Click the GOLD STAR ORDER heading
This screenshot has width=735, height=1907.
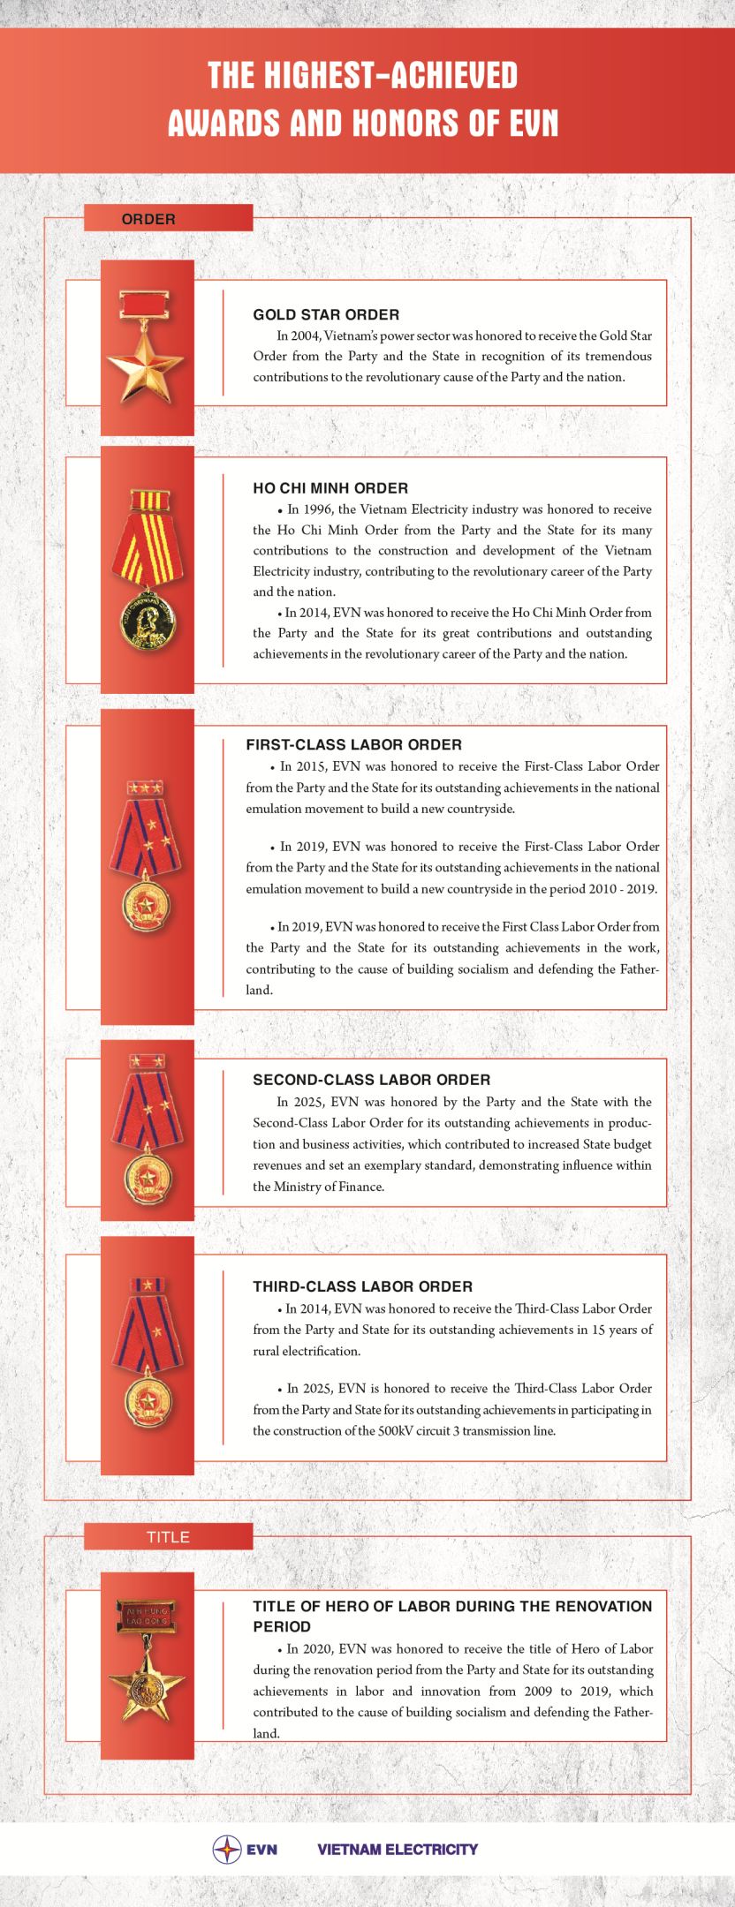pyautogui.click(x=326, y=314)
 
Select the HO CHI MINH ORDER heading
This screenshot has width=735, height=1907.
pyautogui.click(x=330, y=487)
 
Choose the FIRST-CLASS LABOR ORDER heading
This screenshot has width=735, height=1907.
pyautogui.click(x=353, y=744)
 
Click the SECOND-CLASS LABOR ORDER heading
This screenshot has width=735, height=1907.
pyautogui.click(x=371, y=1079)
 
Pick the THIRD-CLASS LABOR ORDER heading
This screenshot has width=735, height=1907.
pyautogui.click(x=362, y=1286)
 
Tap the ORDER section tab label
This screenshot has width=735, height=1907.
pyautogui.click(x=148, y=219)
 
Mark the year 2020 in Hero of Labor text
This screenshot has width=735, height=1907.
pyautogui.click(x=320, y=1649)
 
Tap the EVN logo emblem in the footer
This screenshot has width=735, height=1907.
pyautogui.click(x=227, y=1850)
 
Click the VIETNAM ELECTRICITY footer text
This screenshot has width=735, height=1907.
pyautogui.click(x=397, y=1850)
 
